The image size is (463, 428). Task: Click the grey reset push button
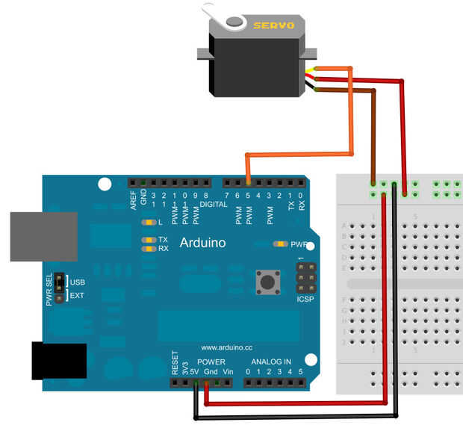point(266,282)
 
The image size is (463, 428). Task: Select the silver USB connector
point(43,236)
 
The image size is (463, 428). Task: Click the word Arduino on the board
point(202,243)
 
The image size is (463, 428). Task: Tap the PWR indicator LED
point(281,244)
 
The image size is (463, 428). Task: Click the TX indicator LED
point(149,240)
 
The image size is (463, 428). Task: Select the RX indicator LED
point(149,249)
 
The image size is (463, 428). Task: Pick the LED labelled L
point(149,223)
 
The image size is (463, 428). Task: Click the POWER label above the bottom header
point(211,362)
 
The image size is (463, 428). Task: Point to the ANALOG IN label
point(276,362)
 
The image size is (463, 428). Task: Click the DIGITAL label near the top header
point(213,203)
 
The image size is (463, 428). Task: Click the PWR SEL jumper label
point(50,290)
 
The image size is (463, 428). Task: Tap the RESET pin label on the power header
point(175,363)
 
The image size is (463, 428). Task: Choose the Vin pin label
point(229,371)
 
